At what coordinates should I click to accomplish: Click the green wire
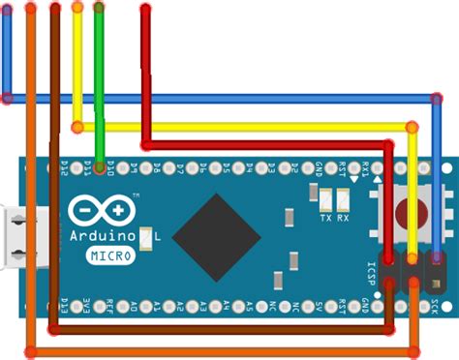click(100, 77)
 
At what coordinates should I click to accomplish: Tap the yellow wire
click(242, 126)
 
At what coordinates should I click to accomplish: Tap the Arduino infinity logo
click(101, 211)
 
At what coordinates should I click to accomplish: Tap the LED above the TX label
click(325, 200)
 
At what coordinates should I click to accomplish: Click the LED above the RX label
click(342, 200)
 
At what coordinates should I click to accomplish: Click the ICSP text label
click(371, 272)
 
